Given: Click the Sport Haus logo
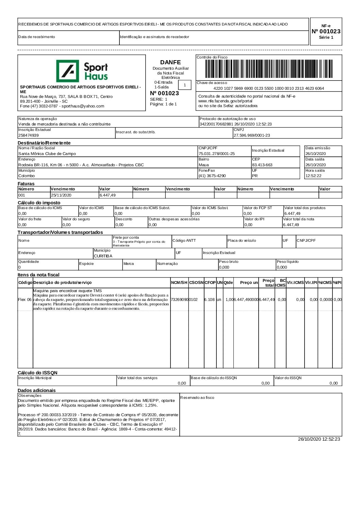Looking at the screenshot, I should click(x=82, y=71).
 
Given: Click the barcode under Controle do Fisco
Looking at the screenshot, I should click(x=269, y=69).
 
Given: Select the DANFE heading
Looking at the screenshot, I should click(x=170, y=62).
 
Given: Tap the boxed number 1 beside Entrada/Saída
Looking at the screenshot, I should click(x=185, y=85).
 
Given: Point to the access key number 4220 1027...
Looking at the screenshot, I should click(x=268, y=88).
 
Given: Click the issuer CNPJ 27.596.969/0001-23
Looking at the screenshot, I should click(x=252, y=135).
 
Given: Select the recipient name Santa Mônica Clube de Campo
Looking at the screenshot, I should click(x=47, y=154).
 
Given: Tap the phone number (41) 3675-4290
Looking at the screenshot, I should click(x=212, y=176).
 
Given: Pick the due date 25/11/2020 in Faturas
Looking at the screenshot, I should click(x=61, y=195).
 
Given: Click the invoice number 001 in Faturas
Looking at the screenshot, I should click(x=22, y=195).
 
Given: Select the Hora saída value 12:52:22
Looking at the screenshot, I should click(x=313, y=176).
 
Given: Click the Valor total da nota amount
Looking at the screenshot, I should click(x=291, y=225).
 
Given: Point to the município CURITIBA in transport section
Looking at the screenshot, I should click(x=103, y=256).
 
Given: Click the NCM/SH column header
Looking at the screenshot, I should click(x=179, y=283).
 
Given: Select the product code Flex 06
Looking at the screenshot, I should click(x=25, y=300).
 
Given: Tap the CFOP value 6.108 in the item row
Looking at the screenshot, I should click(x=209, y=300).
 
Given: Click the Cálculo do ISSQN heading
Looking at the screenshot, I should click(x=37, y=373).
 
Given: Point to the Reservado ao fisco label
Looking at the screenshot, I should click(x=197, y=397).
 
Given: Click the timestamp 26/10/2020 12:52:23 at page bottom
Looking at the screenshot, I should click(x=319, y=439).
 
